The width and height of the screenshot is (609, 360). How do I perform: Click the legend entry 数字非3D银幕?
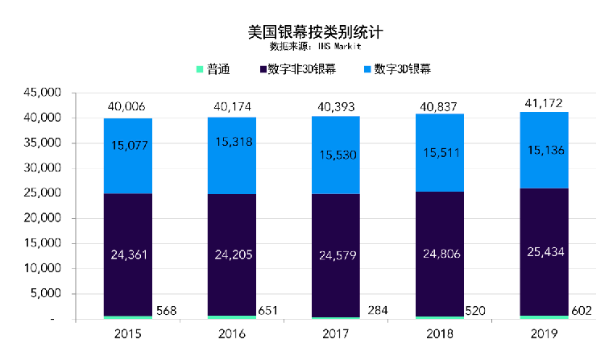point(301,69)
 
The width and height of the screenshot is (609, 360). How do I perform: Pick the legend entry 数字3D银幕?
point(403,69)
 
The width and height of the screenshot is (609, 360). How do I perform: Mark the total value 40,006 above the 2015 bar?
point(128,107)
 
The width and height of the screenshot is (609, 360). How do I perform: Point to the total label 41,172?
point(544,101)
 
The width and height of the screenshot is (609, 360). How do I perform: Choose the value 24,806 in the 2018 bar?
point(441,254)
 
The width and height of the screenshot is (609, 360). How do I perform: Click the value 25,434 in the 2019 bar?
point(544,253)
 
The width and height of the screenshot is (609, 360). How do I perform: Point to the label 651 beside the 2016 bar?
point(270,311)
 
